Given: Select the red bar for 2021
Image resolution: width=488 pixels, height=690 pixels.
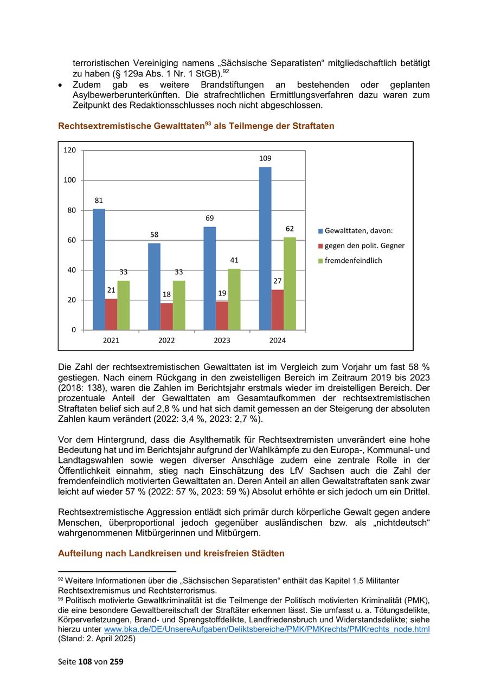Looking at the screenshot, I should [111, 314].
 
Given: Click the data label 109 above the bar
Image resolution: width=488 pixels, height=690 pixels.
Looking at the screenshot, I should [265, 158].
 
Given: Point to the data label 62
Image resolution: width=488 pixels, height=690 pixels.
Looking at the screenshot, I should [290, 229].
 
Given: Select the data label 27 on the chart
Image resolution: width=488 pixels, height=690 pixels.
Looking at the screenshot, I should [277, 281].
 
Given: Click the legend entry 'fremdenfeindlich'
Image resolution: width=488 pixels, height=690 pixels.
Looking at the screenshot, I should [353, 261].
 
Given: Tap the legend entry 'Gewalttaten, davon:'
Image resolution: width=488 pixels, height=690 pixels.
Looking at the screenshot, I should [358, 231].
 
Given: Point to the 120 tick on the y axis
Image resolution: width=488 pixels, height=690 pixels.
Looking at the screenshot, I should [70, 150].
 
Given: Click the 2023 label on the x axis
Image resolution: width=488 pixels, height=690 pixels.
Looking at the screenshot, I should [222, 340].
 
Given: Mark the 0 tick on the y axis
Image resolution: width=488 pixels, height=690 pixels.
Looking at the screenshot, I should [74, 330].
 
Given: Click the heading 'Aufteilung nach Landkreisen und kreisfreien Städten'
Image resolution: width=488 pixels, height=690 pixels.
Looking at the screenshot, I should [171, 553].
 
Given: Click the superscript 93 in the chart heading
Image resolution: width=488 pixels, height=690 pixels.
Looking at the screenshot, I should [208, 124].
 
